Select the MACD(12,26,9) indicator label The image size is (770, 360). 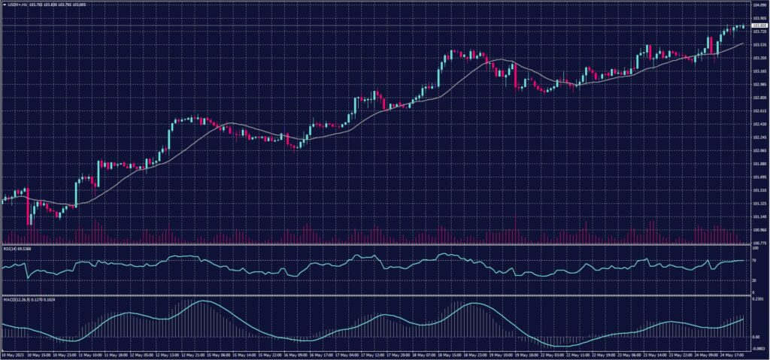tap(16, 300)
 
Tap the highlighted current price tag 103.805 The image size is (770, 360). tap(759, 26)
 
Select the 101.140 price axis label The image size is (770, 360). tap(758, 216)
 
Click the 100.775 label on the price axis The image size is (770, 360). tap(758, 243)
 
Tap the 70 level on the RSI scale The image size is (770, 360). tap(754, 260)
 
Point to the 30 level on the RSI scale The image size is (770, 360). tap(754, 280)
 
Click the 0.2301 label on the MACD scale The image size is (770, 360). tap(757, 300)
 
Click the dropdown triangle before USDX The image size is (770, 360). tap(3, 5)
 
